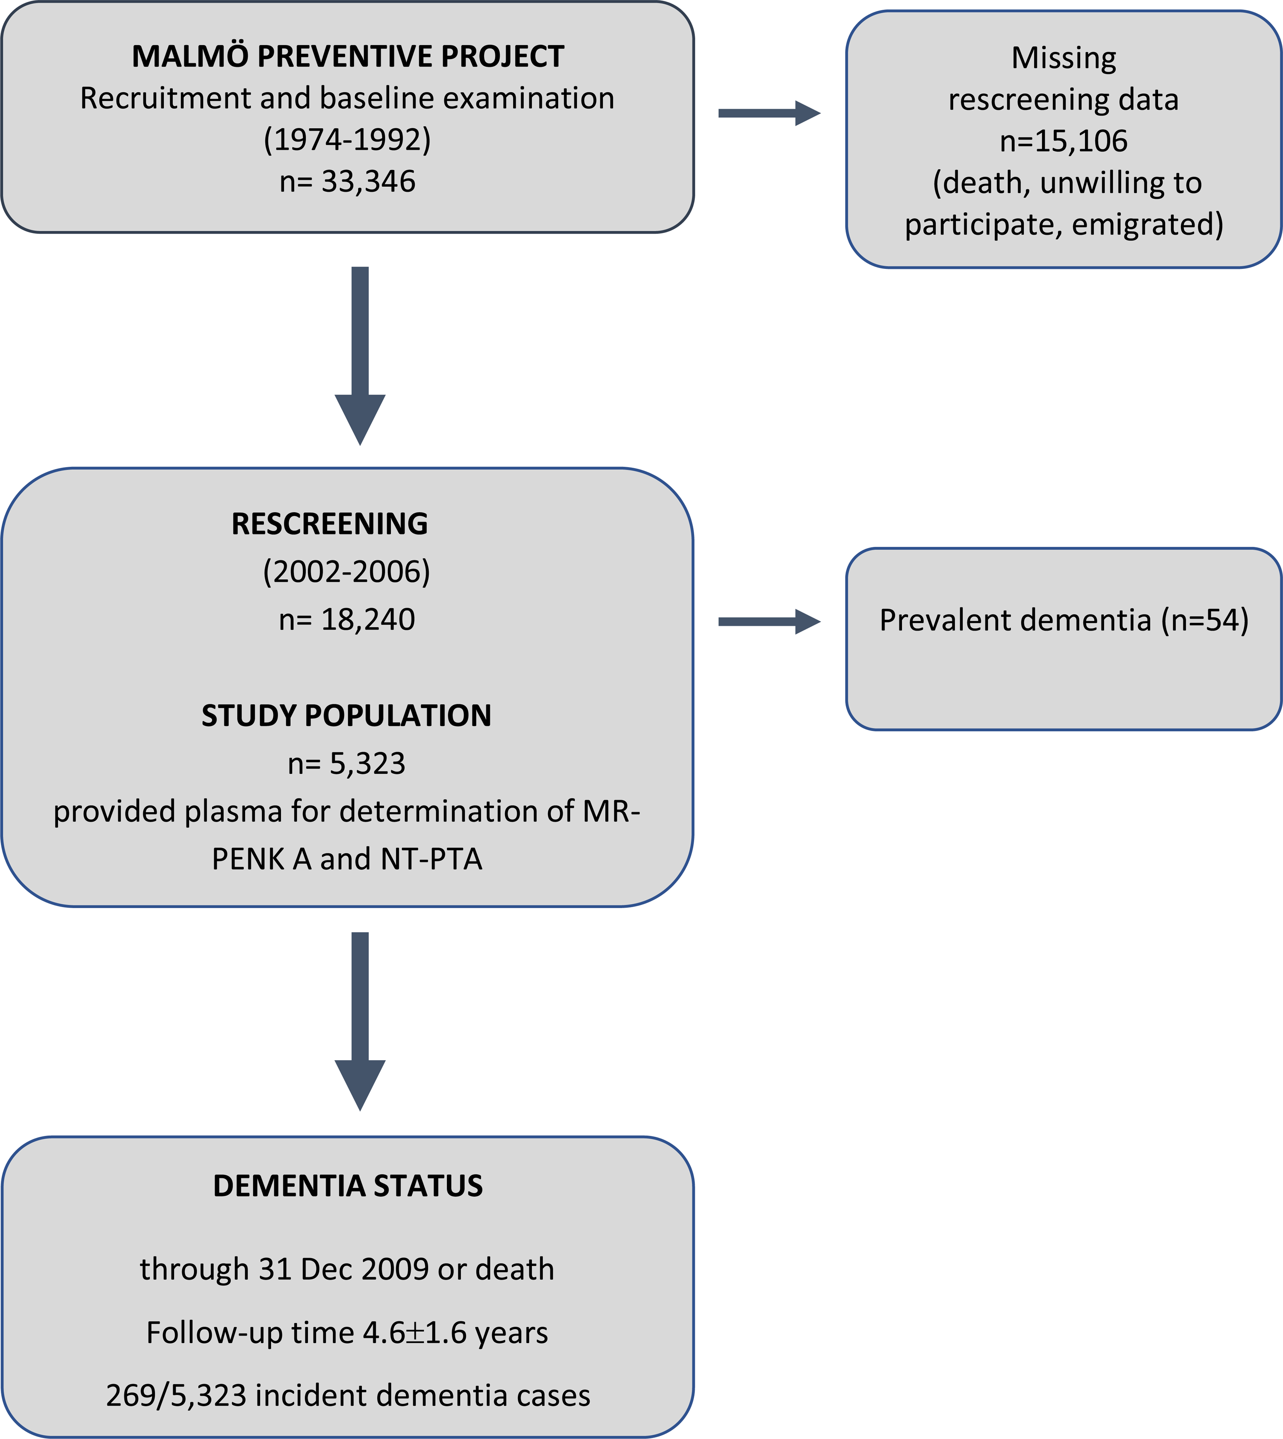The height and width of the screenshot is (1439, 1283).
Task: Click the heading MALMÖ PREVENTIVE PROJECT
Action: tap(348, 56)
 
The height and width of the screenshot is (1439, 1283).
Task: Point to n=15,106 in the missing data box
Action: tap(1063, 141)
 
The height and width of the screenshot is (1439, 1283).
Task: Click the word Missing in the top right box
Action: tap(1063, 58)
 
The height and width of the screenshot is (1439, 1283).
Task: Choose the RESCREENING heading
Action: tap(329, 524)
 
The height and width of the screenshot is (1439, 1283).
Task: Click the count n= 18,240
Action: tap(347, 619)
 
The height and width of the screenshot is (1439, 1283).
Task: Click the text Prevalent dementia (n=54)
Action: tap(1063, 620)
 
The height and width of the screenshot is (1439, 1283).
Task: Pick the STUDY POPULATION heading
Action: tap(346, 716)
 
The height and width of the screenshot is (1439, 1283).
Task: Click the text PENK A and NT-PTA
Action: tap(347, 859)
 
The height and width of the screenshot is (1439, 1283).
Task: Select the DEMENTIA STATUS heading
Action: tap(348, 1186)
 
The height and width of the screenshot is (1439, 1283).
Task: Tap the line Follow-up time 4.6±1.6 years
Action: tap(347, 1333)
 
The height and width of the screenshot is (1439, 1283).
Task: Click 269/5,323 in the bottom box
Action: tap(176, 1395)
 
